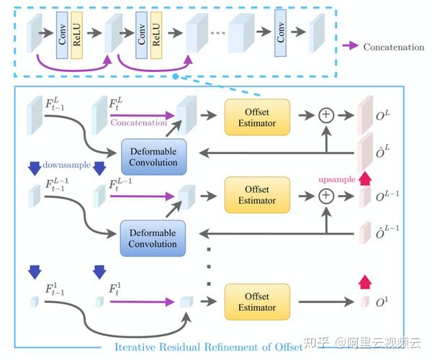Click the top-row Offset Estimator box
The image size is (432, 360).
tap(257, 117)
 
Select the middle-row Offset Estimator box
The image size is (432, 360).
tap(257, 195)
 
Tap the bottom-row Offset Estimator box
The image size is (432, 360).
tap(257, 302)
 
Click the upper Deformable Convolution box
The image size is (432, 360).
tap(154, 157)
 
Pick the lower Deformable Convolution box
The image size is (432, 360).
tap(153, 238)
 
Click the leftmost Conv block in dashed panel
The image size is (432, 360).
tap(62, 35)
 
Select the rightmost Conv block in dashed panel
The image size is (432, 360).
tap(280, 33)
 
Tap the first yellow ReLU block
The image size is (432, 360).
tap(76, 35)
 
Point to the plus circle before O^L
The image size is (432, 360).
tap(326, 115)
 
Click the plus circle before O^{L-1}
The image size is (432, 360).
tap(326, 196)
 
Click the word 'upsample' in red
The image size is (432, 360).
tap(337, 179)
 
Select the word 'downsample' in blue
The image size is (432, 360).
tap(67, 165)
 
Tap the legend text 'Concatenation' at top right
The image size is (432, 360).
tap(394, 47)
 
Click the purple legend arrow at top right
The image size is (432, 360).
tap(350, 46)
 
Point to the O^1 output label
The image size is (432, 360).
tap(382, 302)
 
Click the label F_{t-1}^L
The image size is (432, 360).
tap(55, 104)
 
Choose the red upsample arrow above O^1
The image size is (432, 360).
tap(365, 282)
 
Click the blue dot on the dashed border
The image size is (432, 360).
tap(176, 76)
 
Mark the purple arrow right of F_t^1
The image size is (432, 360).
tap(142, 302)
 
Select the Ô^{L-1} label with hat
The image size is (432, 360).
tap(387, 231)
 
